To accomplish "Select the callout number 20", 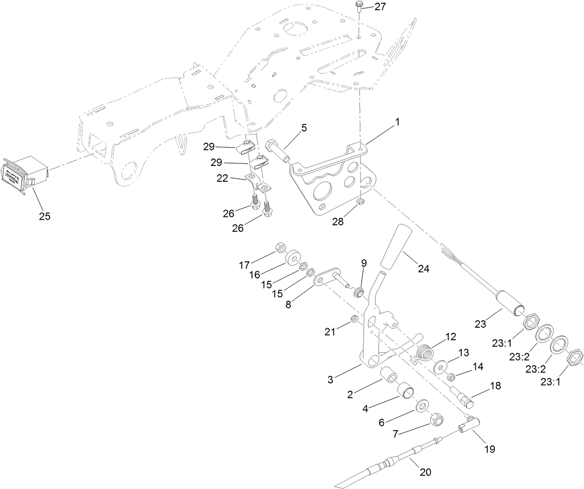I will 425,472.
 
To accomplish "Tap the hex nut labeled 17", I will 281,247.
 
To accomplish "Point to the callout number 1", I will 397,122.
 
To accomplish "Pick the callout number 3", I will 331,380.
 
